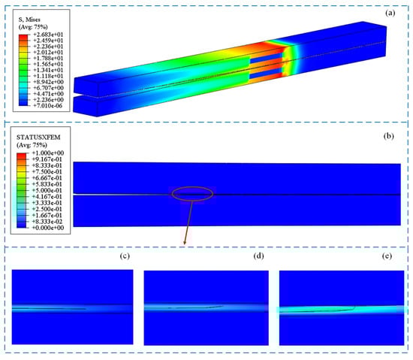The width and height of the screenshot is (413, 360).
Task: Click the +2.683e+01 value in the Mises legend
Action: tap(48, 35)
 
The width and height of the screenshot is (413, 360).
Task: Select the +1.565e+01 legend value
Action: tap(48, 64)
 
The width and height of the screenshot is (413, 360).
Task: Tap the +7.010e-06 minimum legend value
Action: tap(47, 106)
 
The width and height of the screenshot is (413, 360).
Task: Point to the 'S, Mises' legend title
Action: tap(29, 20)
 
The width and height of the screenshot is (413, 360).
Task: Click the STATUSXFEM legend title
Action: tap(38, 137)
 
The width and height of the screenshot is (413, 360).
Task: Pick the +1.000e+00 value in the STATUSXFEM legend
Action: tap(48, 153)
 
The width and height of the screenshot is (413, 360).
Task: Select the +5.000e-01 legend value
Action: tap(47, 190)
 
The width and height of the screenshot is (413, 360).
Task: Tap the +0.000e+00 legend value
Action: tap(48, 228)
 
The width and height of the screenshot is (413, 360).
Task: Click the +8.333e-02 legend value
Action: tap(47, 222)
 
